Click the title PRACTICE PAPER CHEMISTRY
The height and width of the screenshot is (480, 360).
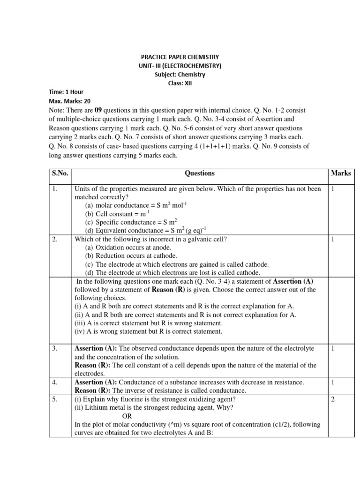(x=180, y=57)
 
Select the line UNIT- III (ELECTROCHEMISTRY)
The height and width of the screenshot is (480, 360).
(x=180, y=66)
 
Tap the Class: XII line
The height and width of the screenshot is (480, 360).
(x=180, y=83)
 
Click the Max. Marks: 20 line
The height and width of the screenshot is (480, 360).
(x=70, y=101)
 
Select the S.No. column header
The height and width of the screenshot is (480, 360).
(x=60, y=173)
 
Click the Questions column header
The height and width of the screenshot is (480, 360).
(x=200, y=173)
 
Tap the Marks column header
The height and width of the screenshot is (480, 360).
(x=341, y=173)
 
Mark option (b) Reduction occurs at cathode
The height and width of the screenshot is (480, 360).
(x=131, y=256)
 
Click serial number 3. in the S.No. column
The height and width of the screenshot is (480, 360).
(x=55, y=348)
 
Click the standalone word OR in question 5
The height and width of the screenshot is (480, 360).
(x=127, y=416)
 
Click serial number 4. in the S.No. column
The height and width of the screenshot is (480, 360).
(x=55, y=382)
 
